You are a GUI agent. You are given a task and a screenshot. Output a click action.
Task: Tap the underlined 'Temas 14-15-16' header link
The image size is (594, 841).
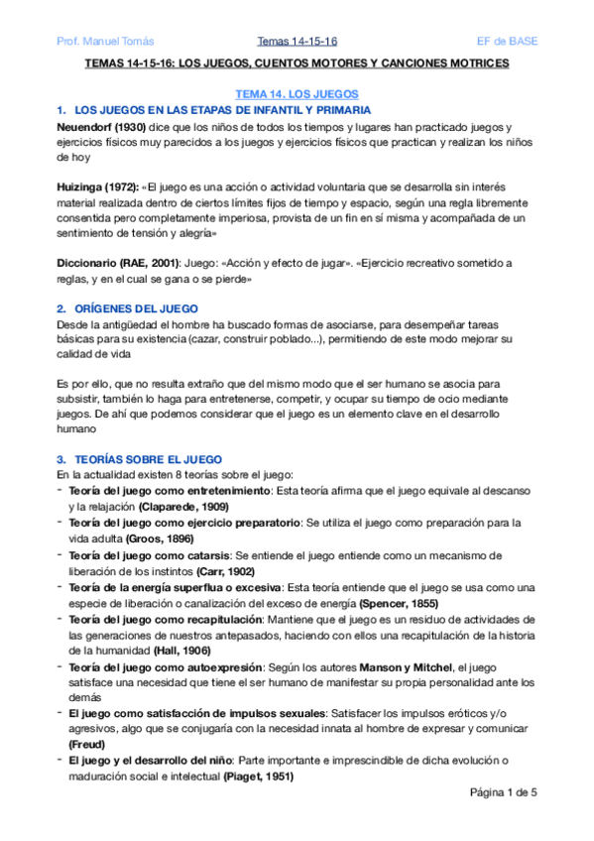(x=297, y=41)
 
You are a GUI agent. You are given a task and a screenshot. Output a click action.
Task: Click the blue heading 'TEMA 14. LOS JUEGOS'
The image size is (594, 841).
(x=296, y=92)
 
